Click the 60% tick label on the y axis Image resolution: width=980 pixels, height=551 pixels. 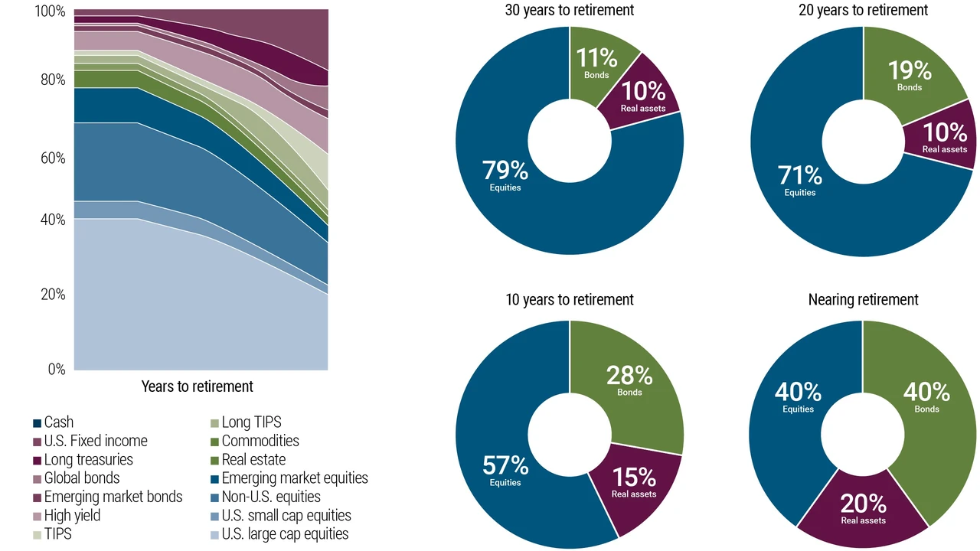click(x=53, y=158)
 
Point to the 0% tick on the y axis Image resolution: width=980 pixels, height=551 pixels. click(x=57, y=370)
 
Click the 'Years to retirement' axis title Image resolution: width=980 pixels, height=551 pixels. click(x=198, y=386)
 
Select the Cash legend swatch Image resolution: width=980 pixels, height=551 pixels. click(x=38, y=423)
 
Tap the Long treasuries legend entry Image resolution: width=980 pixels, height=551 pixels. click(x=83, y=460)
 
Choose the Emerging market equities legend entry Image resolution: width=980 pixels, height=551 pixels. click(x=289, y=478)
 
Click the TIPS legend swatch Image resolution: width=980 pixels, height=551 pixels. click(x=38, y=535)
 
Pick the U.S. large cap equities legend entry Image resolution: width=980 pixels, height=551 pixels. click(x=279, y=534)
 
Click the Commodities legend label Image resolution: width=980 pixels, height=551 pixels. click(x=260, y=441)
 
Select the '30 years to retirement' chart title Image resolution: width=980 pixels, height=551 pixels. click(x=569, y=10)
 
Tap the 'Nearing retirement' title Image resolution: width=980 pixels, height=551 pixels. click(x=863, y=299)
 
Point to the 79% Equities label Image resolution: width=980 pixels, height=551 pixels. click(x=505, y=175)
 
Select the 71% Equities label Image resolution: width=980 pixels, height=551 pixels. click(x=800, y=180)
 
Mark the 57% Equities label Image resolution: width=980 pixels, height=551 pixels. click(x=505, y=470)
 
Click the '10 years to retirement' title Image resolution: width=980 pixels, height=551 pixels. click(x=569, y=299)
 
